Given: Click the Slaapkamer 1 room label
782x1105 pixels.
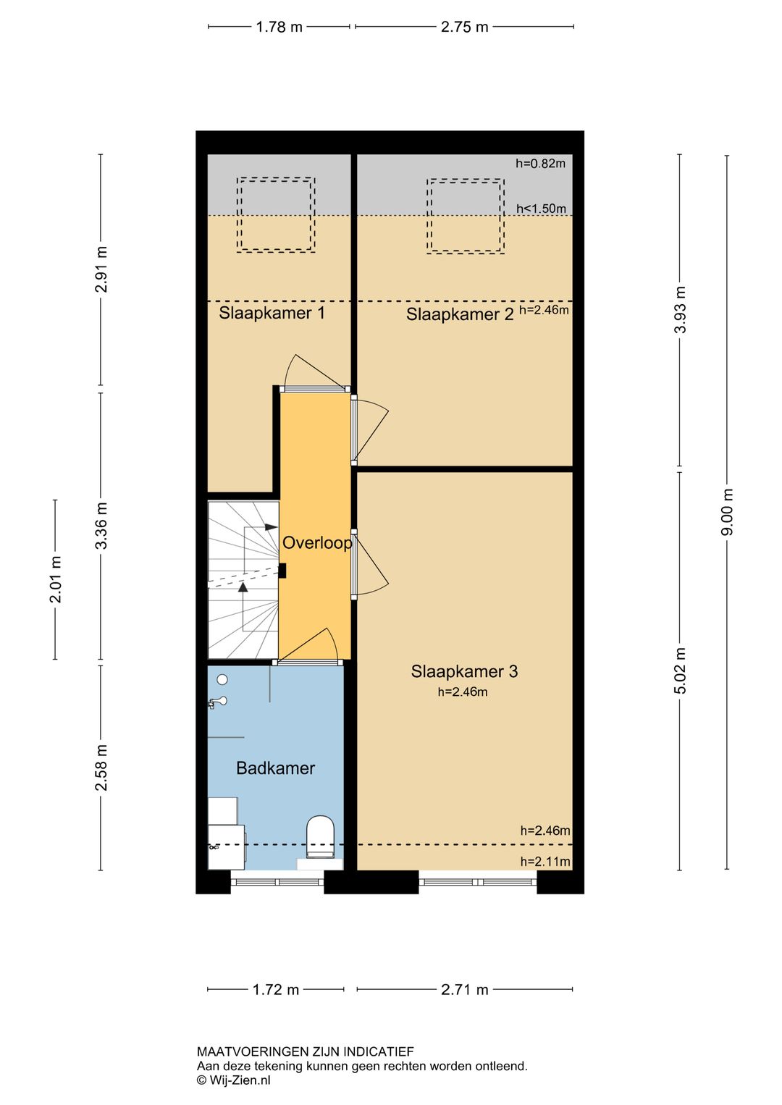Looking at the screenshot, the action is [272, 313].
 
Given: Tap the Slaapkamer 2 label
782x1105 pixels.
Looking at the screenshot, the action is [459, 314].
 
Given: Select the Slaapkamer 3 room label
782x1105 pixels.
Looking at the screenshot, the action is [464, 671].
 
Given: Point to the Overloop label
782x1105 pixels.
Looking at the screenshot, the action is [316, 543].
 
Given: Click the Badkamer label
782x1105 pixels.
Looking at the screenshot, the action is [275, 768].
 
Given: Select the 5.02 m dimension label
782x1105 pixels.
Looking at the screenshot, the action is [681, 671].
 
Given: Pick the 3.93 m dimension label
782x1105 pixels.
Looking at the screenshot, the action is [681, 310].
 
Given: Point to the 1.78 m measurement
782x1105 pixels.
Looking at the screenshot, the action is [279, 27].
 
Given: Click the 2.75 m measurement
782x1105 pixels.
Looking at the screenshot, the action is [464, 27].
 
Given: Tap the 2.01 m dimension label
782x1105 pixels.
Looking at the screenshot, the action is [55, 579].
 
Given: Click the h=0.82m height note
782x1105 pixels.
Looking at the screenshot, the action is [541, 163].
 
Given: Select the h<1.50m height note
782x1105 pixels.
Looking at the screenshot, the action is [541, 209].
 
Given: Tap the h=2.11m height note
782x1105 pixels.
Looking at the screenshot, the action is [545, 861].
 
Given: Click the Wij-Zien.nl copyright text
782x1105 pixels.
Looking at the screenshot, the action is [234, 1080].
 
